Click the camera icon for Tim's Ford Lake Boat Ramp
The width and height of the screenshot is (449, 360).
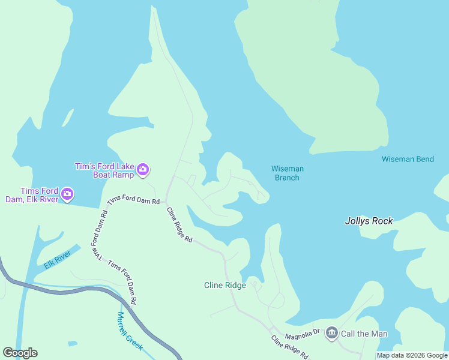[143, 170]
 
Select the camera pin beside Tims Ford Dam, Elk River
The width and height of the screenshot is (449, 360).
[67, 194]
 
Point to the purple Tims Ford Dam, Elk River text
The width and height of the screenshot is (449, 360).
[31, 195]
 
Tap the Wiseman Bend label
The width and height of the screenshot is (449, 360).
[408, 159]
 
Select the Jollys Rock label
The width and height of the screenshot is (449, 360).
[369, 221]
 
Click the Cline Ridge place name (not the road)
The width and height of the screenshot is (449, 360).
[225, 285]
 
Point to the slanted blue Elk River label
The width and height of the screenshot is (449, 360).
[58, 259]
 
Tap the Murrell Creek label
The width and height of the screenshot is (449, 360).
[129, 331]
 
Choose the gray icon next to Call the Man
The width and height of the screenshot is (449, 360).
[331, 333]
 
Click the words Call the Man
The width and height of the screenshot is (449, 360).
[364, 334]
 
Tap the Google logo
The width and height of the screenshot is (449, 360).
[20, 352]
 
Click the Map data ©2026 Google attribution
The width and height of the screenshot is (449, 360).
[412, 355]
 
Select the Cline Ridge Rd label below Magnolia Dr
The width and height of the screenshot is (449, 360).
[289, 347]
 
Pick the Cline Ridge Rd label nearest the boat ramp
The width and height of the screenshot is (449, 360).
[179, 224]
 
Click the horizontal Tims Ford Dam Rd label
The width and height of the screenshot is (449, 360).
[133, 201]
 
